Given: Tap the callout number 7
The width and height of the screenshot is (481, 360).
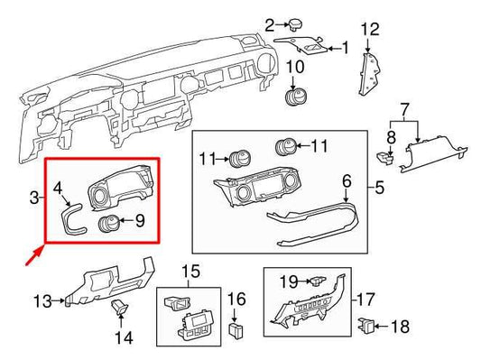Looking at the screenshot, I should tap(404, 109).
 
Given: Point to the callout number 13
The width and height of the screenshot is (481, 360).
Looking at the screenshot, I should tap(42, 300).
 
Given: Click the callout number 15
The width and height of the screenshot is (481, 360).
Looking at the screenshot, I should tap(190, 271).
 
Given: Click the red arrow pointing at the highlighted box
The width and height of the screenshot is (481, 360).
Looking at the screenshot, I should tap(34, 258).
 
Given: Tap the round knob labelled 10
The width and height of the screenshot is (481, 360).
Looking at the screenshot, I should tap(295, 97).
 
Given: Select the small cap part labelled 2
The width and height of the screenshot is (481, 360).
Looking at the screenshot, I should tap(293, 24).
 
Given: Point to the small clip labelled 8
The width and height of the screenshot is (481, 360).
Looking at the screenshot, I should tap(384, 157).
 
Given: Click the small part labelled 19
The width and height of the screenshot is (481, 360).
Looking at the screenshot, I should tap(317, 282).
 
